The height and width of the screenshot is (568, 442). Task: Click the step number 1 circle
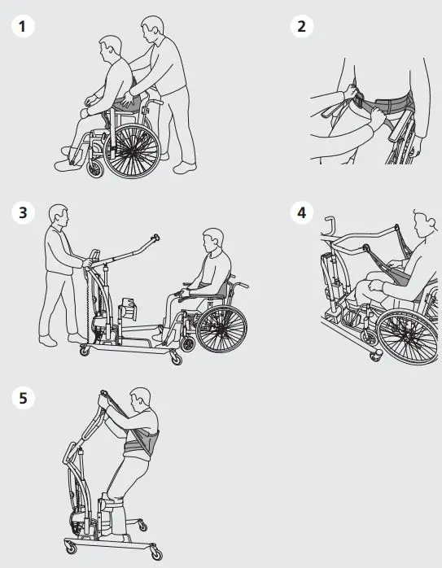coord(23,26)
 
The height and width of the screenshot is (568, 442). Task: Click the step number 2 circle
coord(302,26)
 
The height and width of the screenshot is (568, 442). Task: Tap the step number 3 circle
coord(23,213)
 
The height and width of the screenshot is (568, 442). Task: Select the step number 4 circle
coord(302,213)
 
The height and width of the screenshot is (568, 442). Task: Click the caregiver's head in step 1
coord(151,31)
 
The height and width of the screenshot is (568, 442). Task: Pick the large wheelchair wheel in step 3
coord(221,327)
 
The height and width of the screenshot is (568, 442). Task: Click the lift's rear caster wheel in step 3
coord(84,351)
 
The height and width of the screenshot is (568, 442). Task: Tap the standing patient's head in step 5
coord(141,401)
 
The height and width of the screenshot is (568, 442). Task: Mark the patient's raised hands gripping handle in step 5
coord(103,398)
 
